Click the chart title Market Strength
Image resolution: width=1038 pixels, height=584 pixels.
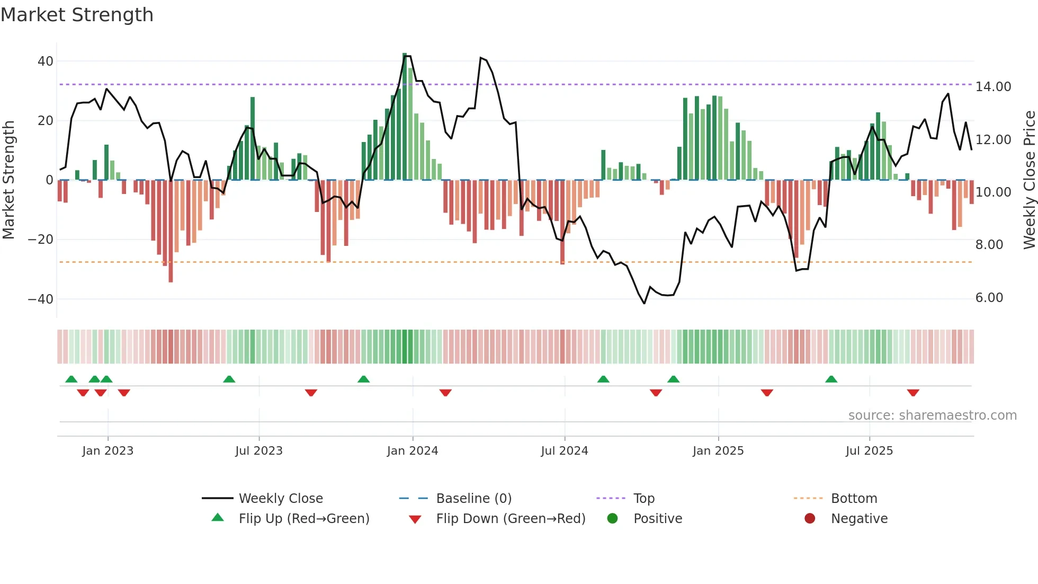tap(77, 15)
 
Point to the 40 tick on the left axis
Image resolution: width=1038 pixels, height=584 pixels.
tap(46, 61)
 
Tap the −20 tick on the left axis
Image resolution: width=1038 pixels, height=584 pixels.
tap(41, 240)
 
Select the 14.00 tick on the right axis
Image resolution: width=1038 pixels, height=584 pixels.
tap(993, 87)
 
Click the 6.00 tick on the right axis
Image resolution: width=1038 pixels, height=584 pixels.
tap(989, 298)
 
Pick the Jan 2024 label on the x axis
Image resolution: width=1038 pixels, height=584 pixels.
tap(413, 451)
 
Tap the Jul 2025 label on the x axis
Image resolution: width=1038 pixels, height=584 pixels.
tap(869, 451)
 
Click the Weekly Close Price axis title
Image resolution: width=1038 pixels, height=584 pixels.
tap(1029, 180)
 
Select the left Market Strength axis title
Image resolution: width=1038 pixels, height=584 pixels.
tap(9, 180)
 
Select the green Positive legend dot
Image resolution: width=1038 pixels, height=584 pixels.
tap(613, 519)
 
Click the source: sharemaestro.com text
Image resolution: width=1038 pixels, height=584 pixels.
tap(932, 415)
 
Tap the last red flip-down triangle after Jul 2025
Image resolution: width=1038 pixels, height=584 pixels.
tap(912, 393)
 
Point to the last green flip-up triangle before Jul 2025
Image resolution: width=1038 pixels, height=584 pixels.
tap(831, 379)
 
